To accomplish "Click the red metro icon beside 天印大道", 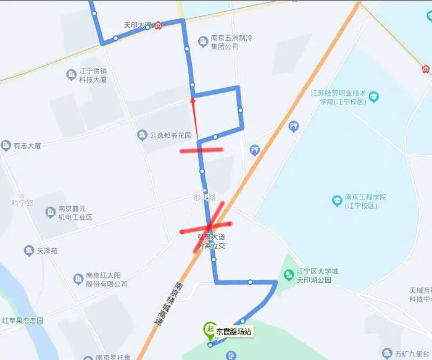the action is [x=159, y=25].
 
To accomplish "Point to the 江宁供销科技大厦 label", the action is [x=93, y=75].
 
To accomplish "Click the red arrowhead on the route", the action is [x=193, y=102].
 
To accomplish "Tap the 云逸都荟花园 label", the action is [x=170, y=135].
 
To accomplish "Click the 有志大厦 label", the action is [x=27, y=146].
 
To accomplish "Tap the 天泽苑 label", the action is [x=46, y=251].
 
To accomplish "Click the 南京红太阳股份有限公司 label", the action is [x=106, y=280].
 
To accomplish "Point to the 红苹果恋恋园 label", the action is [x=23, y=320].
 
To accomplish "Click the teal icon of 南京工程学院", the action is [x=337, y=201].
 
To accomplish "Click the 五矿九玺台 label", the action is [x=409, y=353].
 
